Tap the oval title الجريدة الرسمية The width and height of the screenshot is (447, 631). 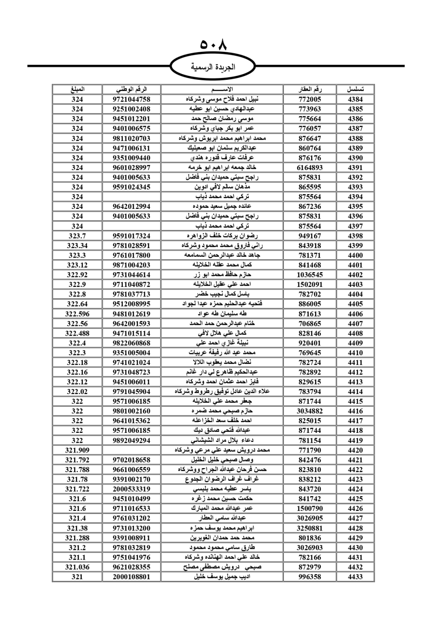[x=213, y=67]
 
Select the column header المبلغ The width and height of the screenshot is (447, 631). [x=77, y=89]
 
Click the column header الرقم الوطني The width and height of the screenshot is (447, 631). [x=131, y=89]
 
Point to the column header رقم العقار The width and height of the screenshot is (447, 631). [x=310, y=89]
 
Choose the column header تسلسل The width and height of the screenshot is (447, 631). [x=355, y=89]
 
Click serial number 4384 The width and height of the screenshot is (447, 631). [x=355, y=100]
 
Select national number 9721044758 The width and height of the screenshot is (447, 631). [x=131, y=100]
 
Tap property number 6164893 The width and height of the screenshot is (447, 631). [x=310, y=168]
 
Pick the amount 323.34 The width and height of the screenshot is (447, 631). [x=77, y=245]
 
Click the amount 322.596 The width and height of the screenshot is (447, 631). [x=77, y=314]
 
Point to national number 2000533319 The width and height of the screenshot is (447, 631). [x=131, y=489]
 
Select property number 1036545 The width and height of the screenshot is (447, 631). [x=310, y=275]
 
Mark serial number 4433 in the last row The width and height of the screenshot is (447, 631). [x=355, y=577]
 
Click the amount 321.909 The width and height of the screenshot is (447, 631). [x=77, y=450]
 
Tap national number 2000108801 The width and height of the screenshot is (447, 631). [x=131, y=577]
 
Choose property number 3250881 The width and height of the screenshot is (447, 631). [x=310, y=528]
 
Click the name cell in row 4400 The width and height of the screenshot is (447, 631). [x=222, y=255]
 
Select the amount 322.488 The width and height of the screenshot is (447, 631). [x=77, y=333]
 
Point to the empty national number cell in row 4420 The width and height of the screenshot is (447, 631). [x=131, y=450]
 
